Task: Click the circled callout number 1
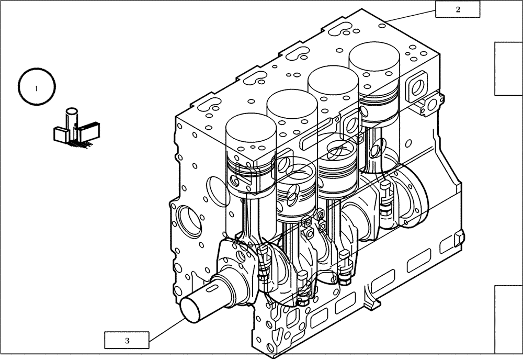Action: [37, 88]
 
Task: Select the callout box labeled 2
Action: [458, 9]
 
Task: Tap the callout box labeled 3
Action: [127, 340]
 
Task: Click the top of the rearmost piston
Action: [374, 55]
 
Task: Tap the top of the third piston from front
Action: [333, 78]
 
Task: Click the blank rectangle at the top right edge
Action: [508, 69]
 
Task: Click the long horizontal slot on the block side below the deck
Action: [317, 131]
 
